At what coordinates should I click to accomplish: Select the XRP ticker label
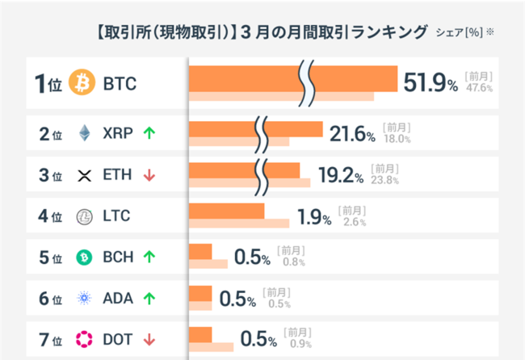pyautogui.click(x=119, y=132)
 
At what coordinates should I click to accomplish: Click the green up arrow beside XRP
pyautogui.click(x=149, y=132)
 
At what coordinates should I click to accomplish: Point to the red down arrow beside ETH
pyautogui.click(x=149, y=174)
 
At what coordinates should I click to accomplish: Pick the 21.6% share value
pyautogui.click(x=352, y=132)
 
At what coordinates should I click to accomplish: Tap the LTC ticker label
pyautogui.click(x=117, y=216)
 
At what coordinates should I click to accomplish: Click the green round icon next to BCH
pyautogui.click(x=84, y=257)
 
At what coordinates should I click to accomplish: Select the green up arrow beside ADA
pyautogui.click(x=149, y=299)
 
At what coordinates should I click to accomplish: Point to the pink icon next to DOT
pyautogui.click(x=84, y=339)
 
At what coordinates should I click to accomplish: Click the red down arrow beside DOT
pyautogui.click(x=149, y=339)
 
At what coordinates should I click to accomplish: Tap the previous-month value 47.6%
pyautogui.click(x=479, y=88)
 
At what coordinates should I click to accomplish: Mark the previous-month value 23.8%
pyautogui.click(x=384, y=180)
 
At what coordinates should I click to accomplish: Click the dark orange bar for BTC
pyautogui.click(x=242, y=77)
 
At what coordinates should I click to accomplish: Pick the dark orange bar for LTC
pyautogui.click(x=226, y=211)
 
